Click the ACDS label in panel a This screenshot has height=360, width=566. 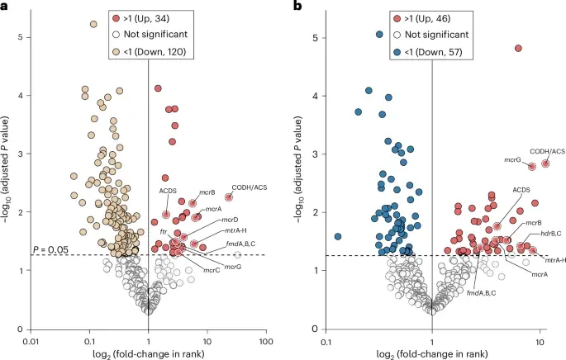coord(168,191)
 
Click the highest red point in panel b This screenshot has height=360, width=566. coord(518,48)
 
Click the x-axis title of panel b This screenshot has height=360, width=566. coord(434,354)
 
